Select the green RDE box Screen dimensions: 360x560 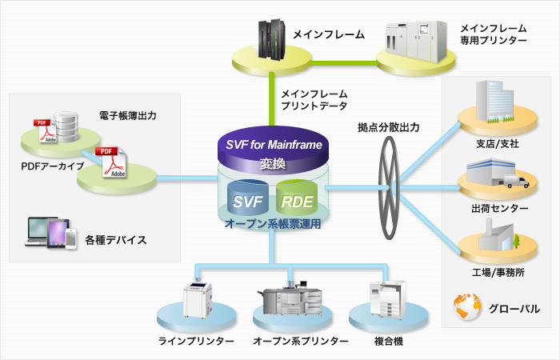(x=296, y=200)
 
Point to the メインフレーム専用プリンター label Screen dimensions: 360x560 (x=493, y=33)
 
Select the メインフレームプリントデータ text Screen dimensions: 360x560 (x=314, y=100)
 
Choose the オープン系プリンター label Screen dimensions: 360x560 (x=301, y=342)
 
